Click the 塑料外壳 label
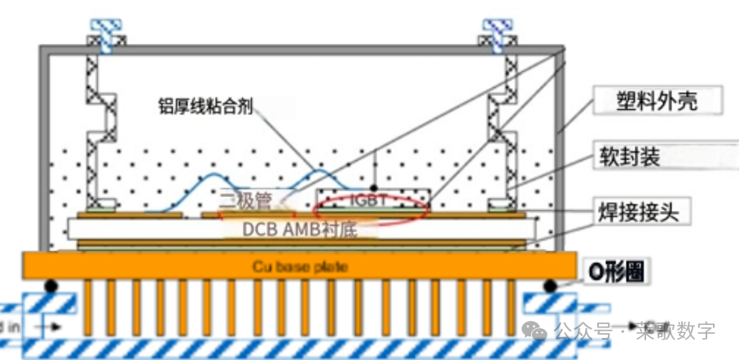click(x=658, y=101)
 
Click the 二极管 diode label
click(x=244, y=197)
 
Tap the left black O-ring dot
click(x=51, y=286)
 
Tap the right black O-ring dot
click(x=552, y=286)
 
